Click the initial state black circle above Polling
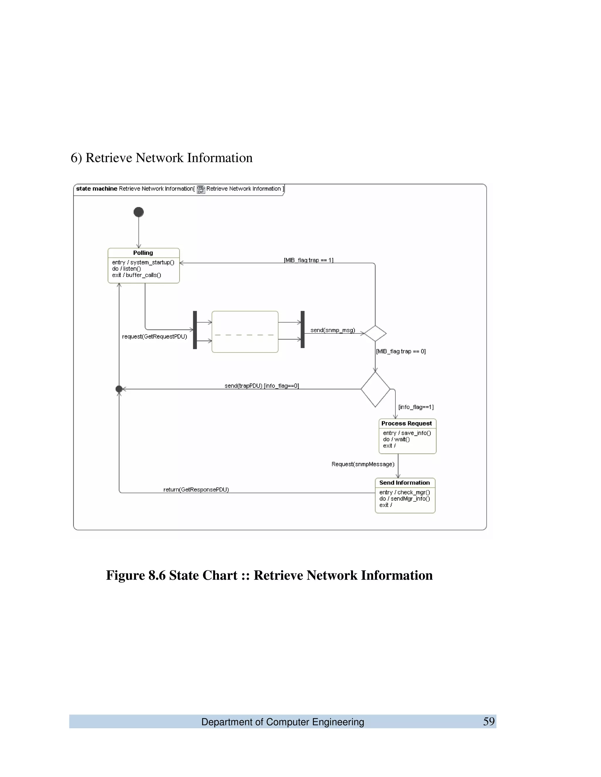click(139, 212)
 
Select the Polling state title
click(143, 252)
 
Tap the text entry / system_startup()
click(143, 262)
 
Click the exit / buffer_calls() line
click(136, 275)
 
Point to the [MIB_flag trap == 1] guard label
click(308, 260)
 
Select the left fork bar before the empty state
click(195, 330)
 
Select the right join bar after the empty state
click(303, 330)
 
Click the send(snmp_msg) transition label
click(332, 330)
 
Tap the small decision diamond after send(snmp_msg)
click(375, 333)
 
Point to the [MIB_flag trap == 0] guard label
click(401, 352)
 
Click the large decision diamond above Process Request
click(375, 389)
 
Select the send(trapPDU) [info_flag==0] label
click(262, 386)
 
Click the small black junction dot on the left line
click(119, 389)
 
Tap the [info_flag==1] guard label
click(416, 407)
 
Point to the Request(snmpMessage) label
click(363, 464)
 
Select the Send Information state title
click(404, 483)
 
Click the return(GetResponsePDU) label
click(196, 490)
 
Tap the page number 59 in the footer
click(489, 722)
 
